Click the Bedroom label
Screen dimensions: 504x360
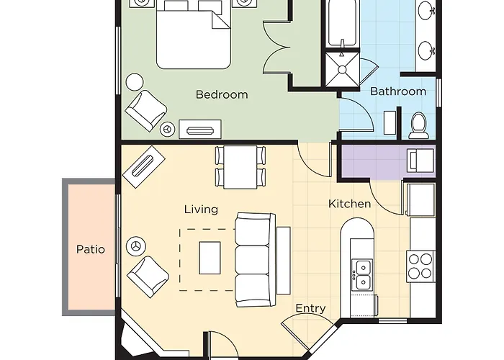222,94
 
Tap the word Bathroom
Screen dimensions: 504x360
398,91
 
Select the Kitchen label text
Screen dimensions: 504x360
349,204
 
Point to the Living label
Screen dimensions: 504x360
201,210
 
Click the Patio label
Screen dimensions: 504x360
91,249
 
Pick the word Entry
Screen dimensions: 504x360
310,308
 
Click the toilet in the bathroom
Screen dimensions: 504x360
419,125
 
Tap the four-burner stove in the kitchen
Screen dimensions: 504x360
420,267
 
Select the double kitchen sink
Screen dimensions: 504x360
362,274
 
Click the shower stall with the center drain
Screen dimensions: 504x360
342,69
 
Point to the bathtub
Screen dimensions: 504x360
342,22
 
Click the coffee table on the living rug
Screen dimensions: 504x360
210,258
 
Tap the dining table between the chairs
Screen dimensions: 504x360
240,167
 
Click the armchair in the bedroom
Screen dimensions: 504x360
146,110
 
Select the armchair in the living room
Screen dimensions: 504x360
148,276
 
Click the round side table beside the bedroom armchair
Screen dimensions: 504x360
135,82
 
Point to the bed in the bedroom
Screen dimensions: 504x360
194,34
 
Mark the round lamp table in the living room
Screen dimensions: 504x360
136,246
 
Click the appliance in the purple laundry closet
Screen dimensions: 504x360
421,160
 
